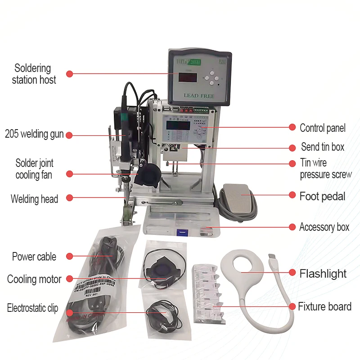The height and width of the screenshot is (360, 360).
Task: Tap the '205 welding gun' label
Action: (x=34, y=134)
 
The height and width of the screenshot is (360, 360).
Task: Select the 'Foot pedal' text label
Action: (x=322, y=196)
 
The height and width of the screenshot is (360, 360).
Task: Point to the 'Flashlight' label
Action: (x=323, y=273)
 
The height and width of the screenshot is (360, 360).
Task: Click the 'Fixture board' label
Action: (x=324, y=307)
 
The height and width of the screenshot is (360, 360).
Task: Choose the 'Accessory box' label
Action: (x=324, y=227)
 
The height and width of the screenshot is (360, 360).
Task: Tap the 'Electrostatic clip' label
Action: (x=32, y=308)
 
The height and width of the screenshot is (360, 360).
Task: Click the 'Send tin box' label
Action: (x=323, y=147)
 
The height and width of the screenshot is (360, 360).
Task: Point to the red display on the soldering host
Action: (x=187, y=77)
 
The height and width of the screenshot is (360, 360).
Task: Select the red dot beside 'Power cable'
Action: (x=69, y=256)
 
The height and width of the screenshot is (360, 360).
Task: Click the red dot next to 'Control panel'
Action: (x=292, y=127)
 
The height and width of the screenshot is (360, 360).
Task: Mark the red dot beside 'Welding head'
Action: (x=69, y=198)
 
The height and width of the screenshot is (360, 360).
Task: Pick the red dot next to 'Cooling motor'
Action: (x=69, y=279)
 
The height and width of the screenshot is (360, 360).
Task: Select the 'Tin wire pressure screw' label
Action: (x=326, y=169)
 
